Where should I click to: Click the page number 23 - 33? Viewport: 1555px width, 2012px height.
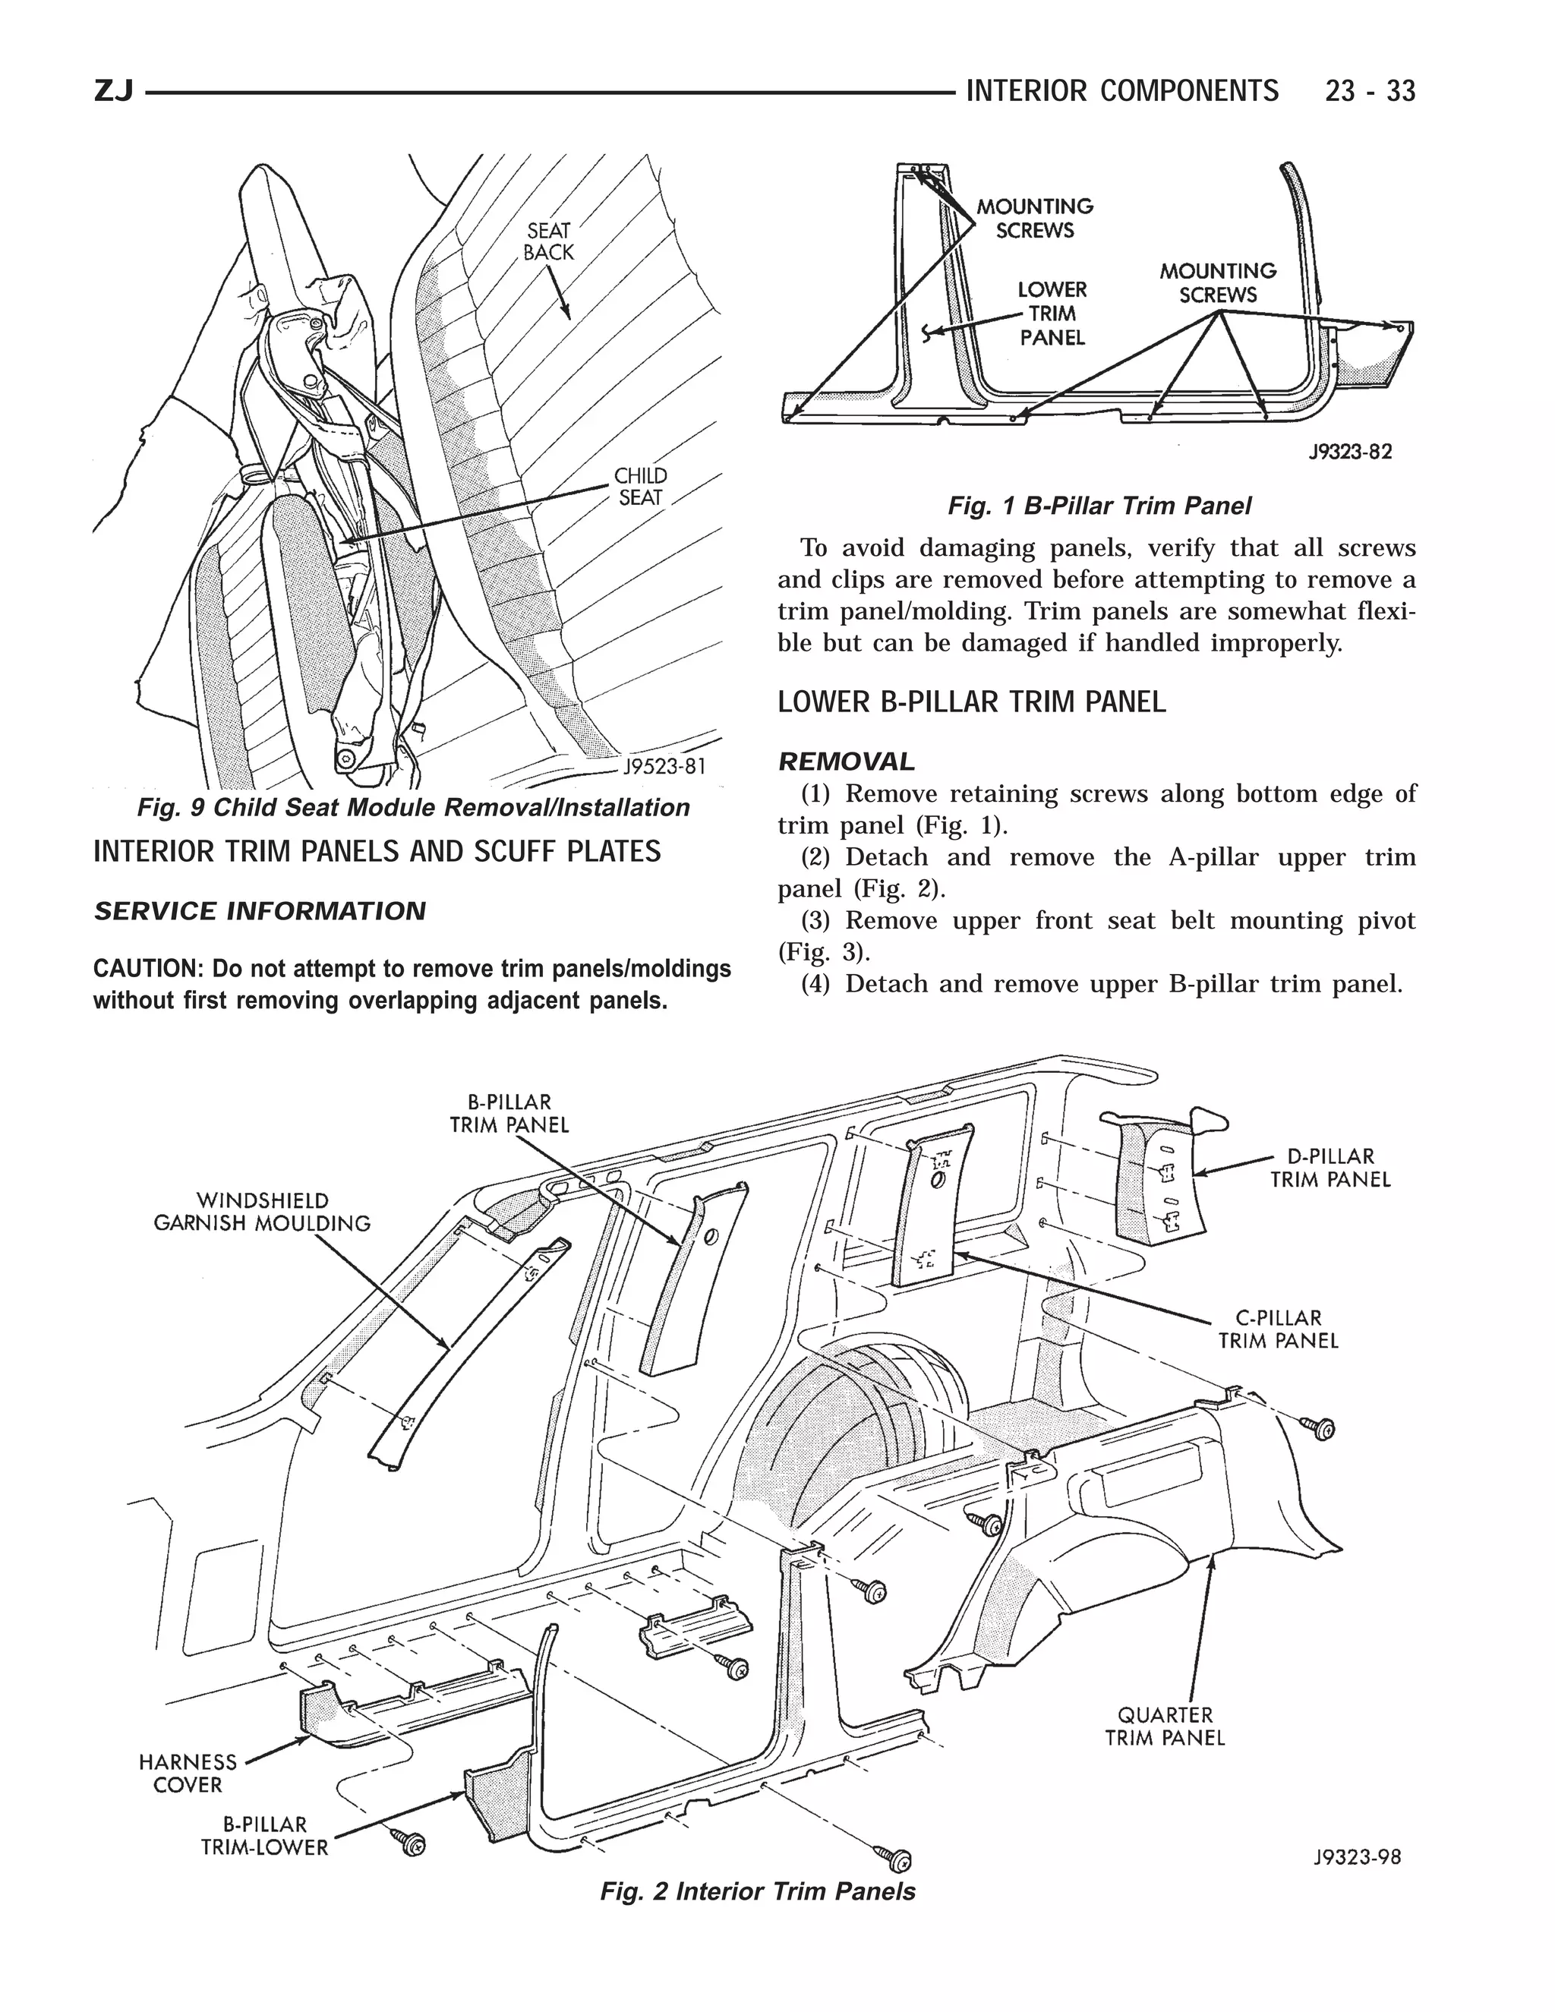[1369, 91]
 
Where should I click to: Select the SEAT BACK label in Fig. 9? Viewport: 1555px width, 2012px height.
[548, 241]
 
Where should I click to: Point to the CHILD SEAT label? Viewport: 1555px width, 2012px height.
[640, 487]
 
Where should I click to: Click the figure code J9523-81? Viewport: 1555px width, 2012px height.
[664, 768]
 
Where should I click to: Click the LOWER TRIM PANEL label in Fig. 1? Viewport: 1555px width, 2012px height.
[1052, 314]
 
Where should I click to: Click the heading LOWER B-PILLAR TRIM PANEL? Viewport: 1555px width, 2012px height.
[971, 702]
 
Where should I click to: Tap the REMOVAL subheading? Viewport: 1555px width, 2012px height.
[847, 762]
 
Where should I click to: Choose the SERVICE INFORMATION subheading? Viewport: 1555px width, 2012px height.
[260, 911]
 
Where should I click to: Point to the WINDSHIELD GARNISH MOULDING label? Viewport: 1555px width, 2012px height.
[262, 1212]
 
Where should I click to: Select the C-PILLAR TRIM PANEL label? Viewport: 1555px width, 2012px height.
[1278, 1329]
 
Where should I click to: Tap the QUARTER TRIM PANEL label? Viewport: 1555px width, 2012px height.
[1165, 1727]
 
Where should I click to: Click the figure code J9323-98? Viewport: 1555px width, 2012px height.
[1356, 1857]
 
